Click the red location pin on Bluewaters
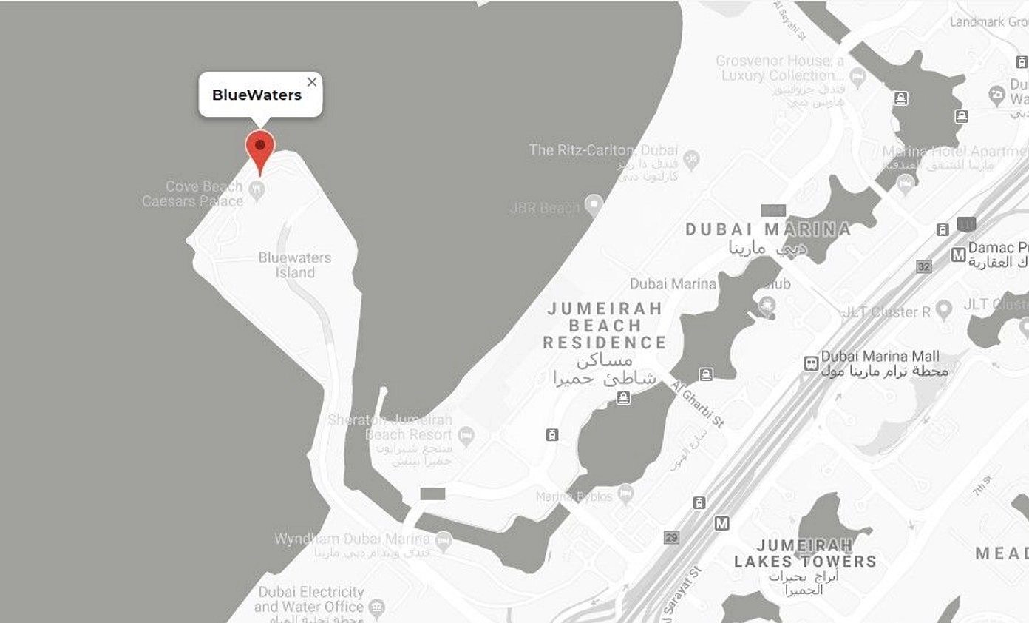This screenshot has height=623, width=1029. click(259, 148)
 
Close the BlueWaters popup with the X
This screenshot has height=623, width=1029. click(312, 82)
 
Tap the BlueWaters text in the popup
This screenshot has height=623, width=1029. click(257, 95)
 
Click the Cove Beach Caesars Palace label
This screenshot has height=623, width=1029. click(193, 194)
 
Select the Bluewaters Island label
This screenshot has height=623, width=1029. click(295, 265)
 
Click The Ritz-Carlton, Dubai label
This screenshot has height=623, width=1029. click(603, 150)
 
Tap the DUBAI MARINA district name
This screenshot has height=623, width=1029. click(768, 229)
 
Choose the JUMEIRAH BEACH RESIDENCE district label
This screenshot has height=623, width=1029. click(604, 326)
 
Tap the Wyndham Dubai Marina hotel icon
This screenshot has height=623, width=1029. click(443, 541)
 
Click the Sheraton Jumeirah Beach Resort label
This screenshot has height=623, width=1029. click(390, 428)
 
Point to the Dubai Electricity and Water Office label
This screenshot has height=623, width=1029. click(310, 600)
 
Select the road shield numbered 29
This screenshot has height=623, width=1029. click(671, 538)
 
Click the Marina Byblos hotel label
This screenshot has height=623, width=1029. click(574, 496)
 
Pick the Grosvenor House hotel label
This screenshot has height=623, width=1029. click(779, 68)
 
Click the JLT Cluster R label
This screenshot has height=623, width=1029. click(886, 312)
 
